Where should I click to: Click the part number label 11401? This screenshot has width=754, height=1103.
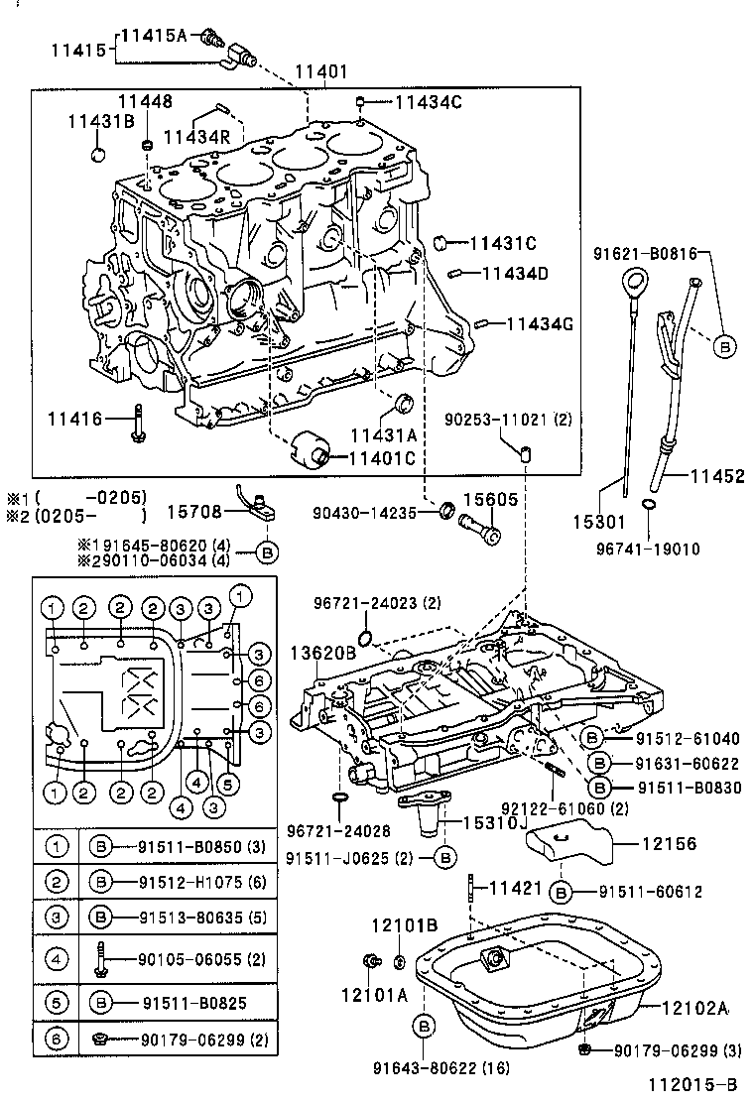(x=321, y=72)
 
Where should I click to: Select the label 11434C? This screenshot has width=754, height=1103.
(x=428, y=101)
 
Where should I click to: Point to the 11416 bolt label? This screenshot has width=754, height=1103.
(x=74, y=419)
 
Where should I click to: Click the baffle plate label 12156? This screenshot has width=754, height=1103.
(x=670, y=844)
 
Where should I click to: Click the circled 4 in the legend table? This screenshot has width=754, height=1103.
(x=59, y=959)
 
